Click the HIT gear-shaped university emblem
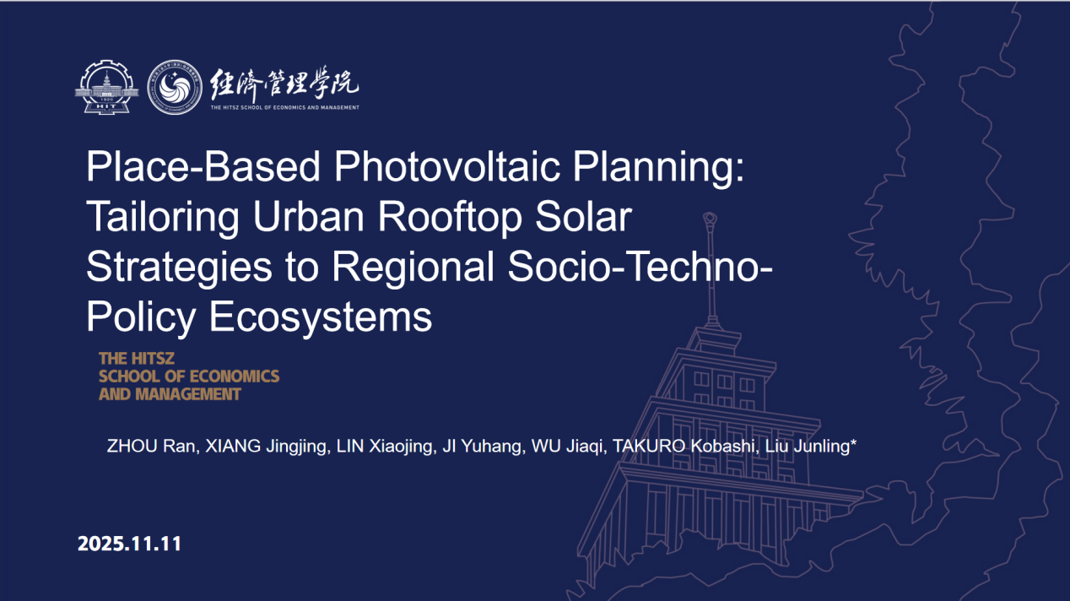click(107, 87)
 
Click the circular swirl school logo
click(175, 87)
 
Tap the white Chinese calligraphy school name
click(284, 82)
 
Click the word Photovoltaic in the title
click(446, 166)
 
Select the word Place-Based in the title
click(203, 166)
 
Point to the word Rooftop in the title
click(450, 217)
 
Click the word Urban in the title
click(309, 217)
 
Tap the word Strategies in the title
click(179, 268)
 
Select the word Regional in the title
click(413, 268)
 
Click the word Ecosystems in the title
click(321, 317)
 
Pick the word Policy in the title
click(141, 317)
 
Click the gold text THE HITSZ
click(137, 358)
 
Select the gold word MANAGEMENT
click(187, 394)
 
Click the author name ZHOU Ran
click(153, 446)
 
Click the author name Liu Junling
click(811, 446)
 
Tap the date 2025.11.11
click(129, 544)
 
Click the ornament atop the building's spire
click(710, 219)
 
